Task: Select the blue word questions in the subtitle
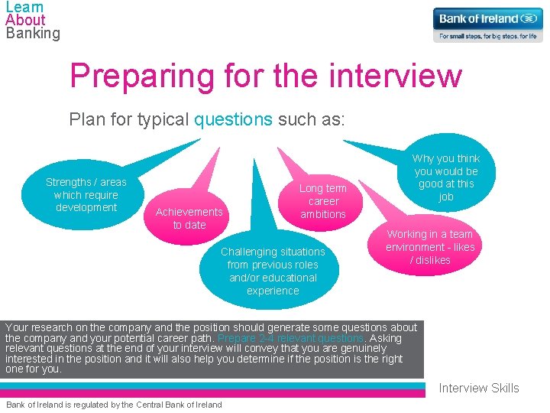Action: pos(233,120)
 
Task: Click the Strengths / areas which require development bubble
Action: pos(86,195)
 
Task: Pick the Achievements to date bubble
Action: pos(189,218)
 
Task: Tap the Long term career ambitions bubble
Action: pos(322,201)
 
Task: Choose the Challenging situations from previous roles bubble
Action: pos(273,271)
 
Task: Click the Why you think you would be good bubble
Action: pos(446,177)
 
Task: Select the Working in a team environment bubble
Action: pos(430,247)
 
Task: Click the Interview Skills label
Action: pos(478,388)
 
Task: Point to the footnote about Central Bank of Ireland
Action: pos(114,405)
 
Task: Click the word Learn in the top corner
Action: pos(24,7)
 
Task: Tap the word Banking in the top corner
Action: pos(32,33)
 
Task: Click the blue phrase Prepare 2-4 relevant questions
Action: pos(291,338)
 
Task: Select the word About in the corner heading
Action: pos(25,20)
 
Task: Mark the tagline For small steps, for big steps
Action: pos(487,36)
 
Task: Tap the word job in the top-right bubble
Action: pos(446,197)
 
